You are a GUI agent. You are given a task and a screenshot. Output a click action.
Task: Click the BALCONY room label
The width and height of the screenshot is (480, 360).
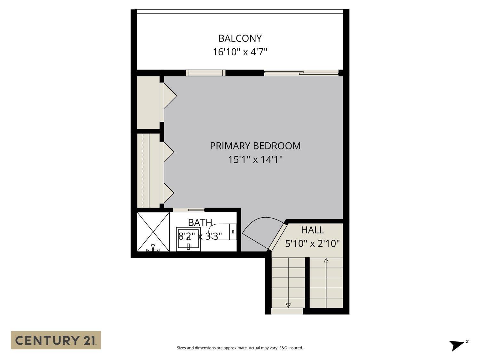(x=240, y=38)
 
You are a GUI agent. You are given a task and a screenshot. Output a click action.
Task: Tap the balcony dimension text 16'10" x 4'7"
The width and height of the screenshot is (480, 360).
(x=240, y=52)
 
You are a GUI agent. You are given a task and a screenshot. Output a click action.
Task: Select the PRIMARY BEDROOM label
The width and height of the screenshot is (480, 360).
(x=255, y=146)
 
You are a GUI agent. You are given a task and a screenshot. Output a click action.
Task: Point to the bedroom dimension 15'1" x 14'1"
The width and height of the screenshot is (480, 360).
(x=255, y=159)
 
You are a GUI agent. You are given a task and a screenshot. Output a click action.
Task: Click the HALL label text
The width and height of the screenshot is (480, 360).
(x=312, y=230)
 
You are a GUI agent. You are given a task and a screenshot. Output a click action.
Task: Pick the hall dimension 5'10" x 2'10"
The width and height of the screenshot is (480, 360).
(x=312, y=244)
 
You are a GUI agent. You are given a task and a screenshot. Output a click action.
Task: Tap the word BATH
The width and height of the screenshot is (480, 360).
(x=200, y=222)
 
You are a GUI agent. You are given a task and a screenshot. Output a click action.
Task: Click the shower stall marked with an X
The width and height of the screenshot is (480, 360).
(x=153, y=232)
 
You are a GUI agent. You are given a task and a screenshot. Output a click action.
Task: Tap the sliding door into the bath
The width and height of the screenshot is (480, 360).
(x=189, y=210)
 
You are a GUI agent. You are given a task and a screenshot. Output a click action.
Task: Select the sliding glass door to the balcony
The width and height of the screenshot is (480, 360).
(x=301, y=73)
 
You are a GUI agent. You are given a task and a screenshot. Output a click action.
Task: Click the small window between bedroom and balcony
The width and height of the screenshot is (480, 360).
(x=206, y=73)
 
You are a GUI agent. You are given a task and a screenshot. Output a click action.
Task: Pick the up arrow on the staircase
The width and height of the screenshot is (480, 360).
(x=326, y=260)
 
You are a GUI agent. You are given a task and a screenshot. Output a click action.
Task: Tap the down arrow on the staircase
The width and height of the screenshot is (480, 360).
(x=288, y=305)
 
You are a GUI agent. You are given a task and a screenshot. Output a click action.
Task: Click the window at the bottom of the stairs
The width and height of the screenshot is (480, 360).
(x=287, y=311)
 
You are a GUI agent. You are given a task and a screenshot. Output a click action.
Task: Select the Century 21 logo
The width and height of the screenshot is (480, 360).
(x=56, y=340)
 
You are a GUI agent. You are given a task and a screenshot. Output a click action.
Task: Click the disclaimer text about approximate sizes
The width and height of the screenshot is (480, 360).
(x=240, y=348)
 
